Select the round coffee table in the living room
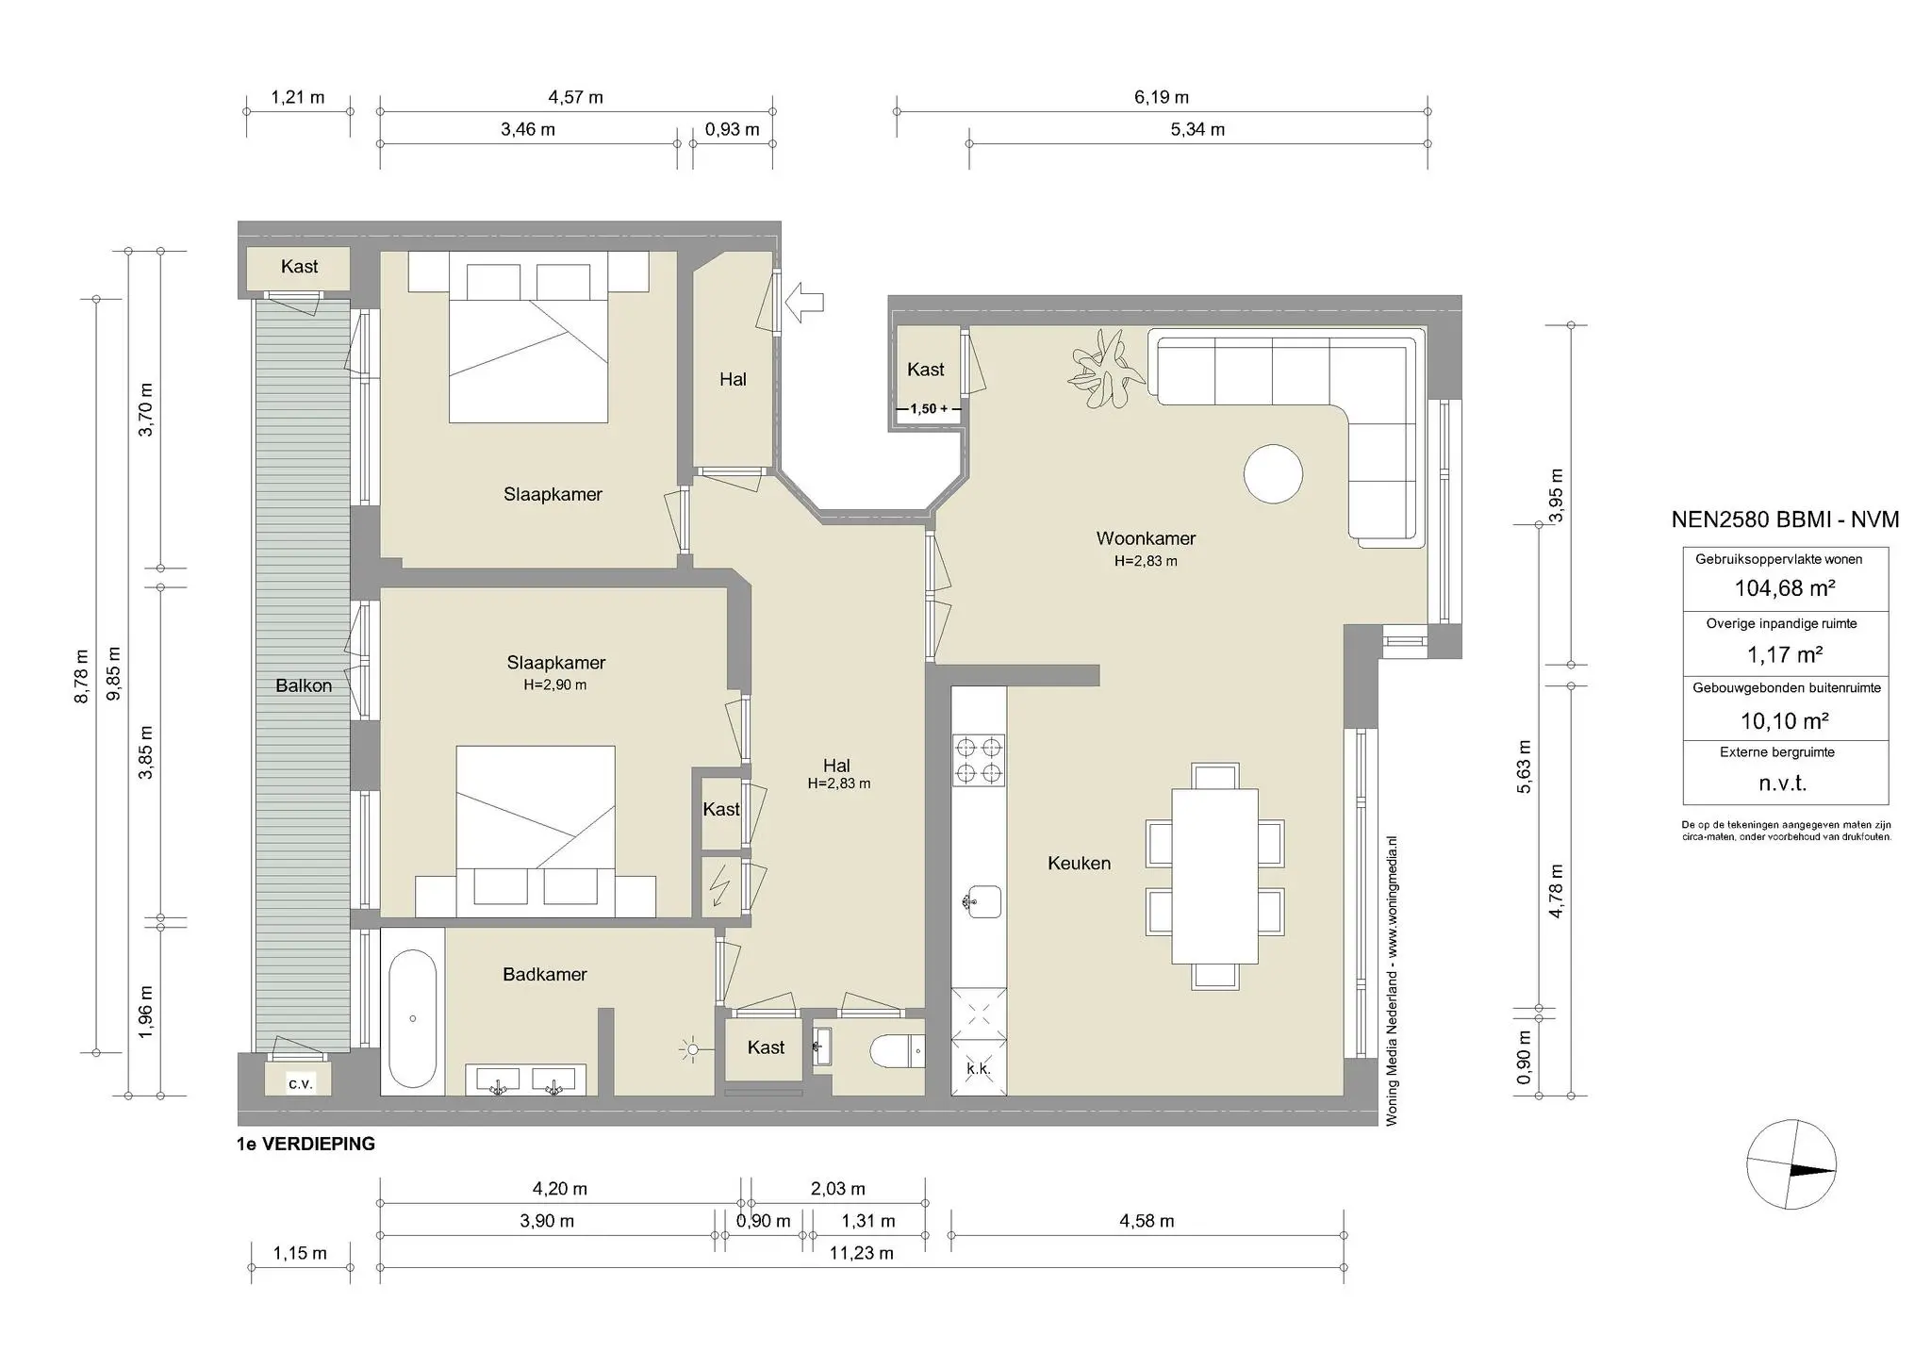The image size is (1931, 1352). click(x=1273, y=474)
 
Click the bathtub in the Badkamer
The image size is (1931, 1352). click(x=412, y=1018)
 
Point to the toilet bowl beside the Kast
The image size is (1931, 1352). click(x=897, y=1050)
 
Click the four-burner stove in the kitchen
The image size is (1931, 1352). click(x=978, y=761)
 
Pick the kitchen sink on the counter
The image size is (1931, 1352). click(x=981, y=902)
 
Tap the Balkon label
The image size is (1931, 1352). click(x=304, y=685)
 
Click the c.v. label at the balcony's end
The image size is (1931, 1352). click(x=300, y=1083)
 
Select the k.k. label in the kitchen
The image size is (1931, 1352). click(x=978, y=1069)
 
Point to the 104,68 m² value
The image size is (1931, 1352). click(x=1784, y=588)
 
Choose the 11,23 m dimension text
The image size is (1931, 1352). click(x=861, y=1253)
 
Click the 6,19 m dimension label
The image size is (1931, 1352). click(x=1161, y=97)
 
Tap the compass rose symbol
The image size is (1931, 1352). click(x=1791, y=1164)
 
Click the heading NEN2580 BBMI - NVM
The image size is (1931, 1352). click(x=1784, y=519)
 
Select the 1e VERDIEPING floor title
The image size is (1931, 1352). click(x=306, y=1144)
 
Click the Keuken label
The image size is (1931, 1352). click(x=1079, y=863)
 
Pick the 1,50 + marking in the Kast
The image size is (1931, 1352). click(x=928, y=409)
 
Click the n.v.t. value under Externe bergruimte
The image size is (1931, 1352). click(x=1782, y=783)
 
